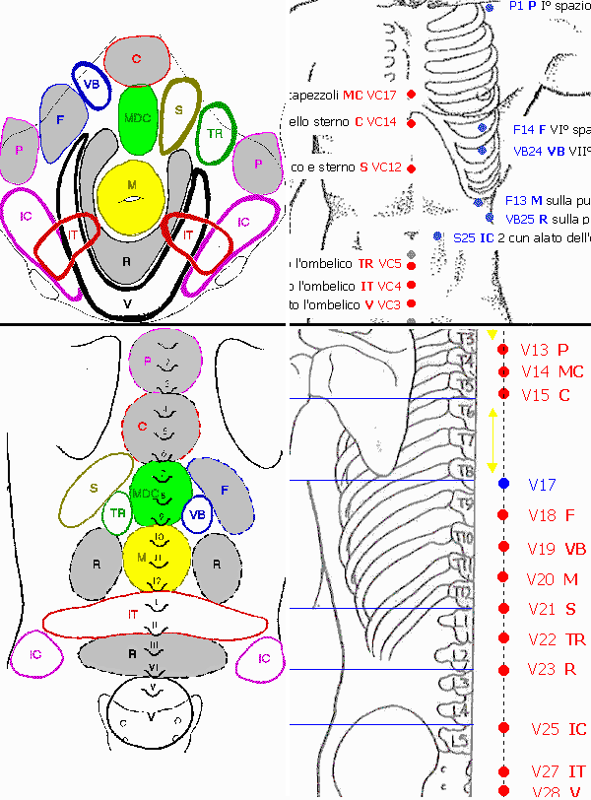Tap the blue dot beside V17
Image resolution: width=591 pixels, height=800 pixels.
[503, 484]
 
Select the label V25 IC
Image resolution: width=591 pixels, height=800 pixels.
[558, 729]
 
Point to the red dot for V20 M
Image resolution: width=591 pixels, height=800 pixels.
[503, 578]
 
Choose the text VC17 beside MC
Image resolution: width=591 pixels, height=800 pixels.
[381, 95]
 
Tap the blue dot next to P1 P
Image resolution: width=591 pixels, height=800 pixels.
[490, 8]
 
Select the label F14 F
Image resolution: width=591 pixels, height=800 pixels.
[529, 129]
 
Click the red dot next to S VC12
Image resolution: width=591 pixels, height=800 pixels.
[411, 167]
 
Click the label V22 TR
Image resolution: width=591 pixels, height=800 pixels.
[558, 639]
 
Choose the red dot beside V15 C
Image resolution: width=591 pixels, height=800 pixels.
[503, 394]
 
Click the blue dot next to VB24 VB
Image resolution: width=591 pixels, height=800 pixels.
[482, 150]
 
